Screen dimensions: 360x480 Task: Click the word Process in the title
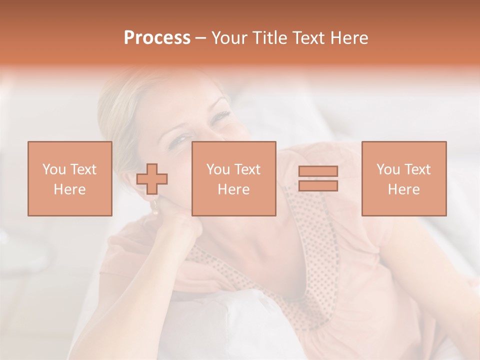pos(157,38)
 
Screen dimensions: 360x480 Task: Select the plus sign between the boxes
pos(152,179)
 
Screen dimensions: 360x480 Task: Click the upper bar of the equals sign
pos(318,171)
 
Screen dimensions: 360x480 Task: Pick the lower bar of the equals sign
pos(318,186)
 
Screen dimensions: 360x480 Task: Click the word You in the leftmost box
pos(53,169)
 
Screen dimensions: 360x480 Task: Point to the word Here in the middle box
pos(233,189)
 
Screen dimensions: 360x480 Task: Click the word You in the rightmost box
pos(387,169)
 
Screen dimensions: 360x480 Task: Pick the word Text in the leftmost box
pos(83,169)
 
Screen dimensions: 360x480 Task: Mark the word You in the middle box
pos(217,169)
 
